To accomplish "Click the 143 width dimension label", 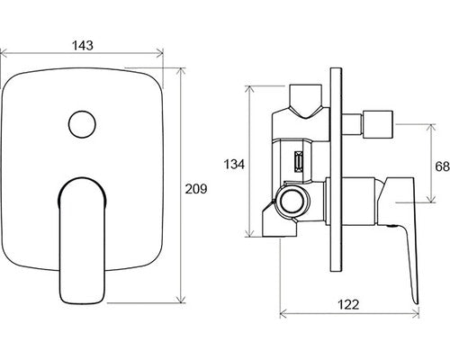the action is click(x=83, y=45).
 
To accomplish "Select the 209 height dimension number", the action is click(x=196, y=189).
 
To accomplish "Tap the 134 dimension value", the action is click(x=234, y=165).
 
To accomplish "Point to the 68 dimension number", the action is click(x=443, y=166).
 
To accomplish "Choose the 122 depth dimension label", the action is click(x=348, y=304).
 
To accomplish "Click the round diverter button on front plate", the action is click(x=82, y=124).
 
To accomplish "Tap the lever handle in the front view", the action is click(x=82, y=240).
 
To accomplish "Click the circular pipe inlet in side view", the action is click(x=292, y=202).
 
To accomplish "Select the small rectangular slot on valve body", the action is click(x=298, y=162).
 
